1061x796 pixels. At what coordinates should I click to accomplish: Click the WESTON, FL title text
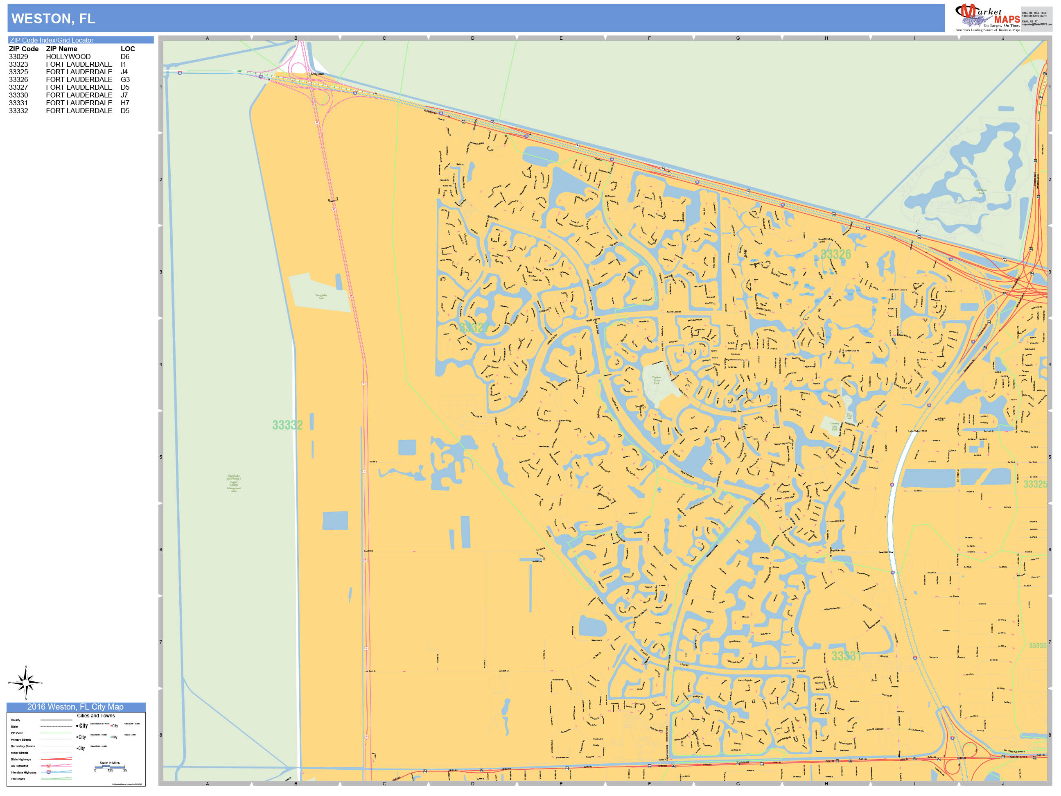[x=53, y=19]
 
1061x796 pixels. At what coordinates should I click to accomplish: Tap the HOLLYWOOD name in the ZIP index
[x=68, y=57]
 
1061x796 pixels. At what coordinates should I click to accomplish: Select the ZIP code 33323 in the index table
[x=18, y=64]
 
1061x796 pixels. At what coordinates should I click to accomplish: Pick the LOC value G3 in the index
[x=125, y=80]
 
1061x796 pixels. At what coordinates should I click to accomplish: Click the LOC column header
[x=128, y=49]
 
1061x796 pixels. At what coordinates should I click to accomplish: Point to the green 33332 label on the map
[x=287, y=425]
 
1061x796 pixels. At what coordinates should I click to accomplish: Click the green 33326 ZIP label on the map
[x=835, y=254]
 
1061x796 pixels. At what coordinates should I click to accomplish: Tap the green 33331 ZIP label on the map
[x=846, y=656]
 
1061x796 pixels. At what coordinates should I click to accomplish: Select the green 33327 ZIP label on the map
[x=474, y=328]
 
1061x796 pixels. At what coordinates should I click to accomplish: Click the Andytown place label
[x=317, y=74]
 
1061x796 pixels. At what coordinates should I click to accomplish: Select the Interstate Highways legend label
[x=23, y=773]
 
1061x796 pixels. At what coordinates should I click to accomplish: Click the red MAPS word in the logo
[x=1007, y=19]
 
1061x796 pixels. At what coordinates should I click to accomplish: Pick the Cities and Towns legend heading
[x=96, y=715]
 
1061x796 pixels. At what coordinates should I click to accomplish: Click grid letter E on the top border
[x=561, y=38]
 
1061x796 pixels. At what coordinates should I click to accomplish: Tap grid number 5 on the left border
[x=161, y=457]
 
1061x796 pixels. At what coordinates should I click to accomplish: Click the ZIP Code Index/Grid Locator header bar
[x=80, y=40]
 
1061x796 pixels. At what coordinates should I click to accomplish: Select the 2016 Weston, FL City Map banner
[x=75, y=707]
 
